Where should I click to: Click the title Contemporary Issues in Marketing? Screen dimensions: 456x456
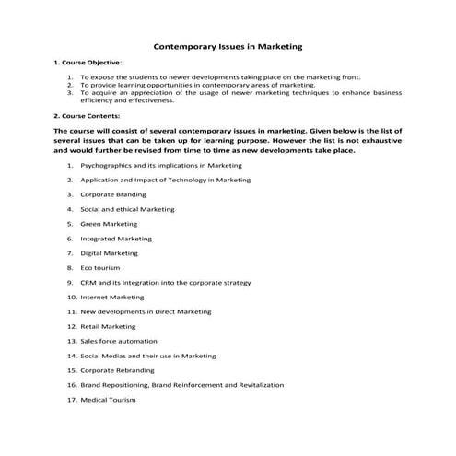point(228,44)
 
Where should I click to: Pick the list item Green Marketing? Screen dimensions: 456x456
point(109,224)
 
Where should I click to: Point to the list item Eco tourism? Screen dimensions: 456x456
point(99,267)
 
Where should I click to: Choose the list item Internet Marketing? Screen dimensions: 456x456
point(111,297)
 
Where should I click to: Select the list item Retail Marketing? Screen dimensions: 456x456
point(108,326)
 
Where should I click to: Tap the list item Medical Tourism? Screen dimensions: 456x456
point(108,399)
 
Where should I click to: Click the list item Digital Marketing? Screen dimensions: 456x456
point(109,252)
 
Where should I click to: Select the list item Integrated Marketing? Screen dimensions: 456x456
point(116,238)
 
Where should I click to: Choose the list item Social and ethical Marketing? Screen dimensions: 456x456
point(127,209)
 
